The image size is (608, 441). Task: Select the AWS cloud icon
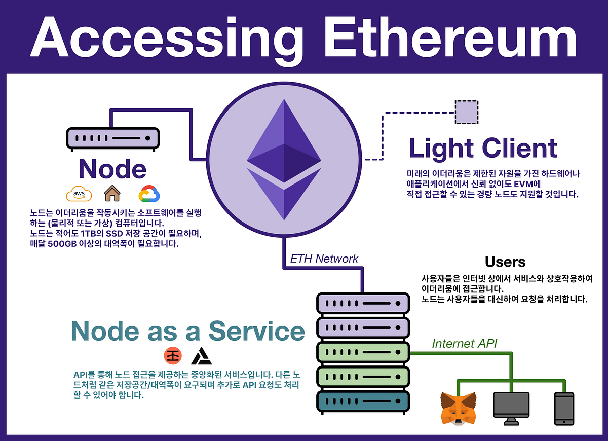(x=79, y=194)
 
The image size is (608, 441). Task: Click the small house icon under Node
(x=112, y=194)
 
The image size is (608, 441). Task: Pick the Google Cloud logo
(x=149, y=194)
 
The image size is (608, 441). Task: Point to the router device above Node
(x=113, y=138)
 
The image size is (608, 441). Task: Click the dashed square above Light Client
(x=467, y=113)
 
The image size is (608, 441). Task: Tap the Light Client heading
(x=482, y=148)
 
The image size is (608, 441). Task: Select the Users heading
(x=505, y=262)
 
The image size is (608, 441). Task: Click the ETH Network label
(x=324, y=259)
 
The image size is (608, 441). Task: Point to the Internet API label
(x=465, y=344)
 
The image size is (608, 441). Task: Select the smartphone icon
(x=564, y=408)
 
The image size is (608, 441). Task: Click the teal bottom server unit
(x=363, y=401)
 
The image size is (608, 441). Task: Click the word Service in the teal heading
(x=257, y=331)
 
